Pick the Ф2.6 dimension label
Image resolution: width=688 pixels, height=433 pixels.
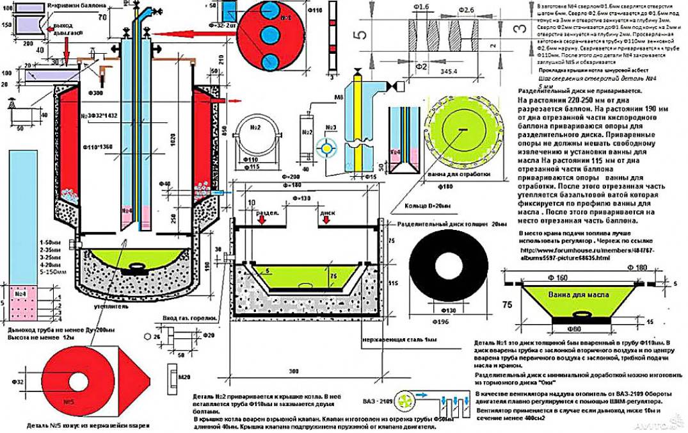point(467,10)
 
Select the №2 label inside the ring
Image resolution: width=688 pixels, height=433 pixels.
point(255,127)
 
